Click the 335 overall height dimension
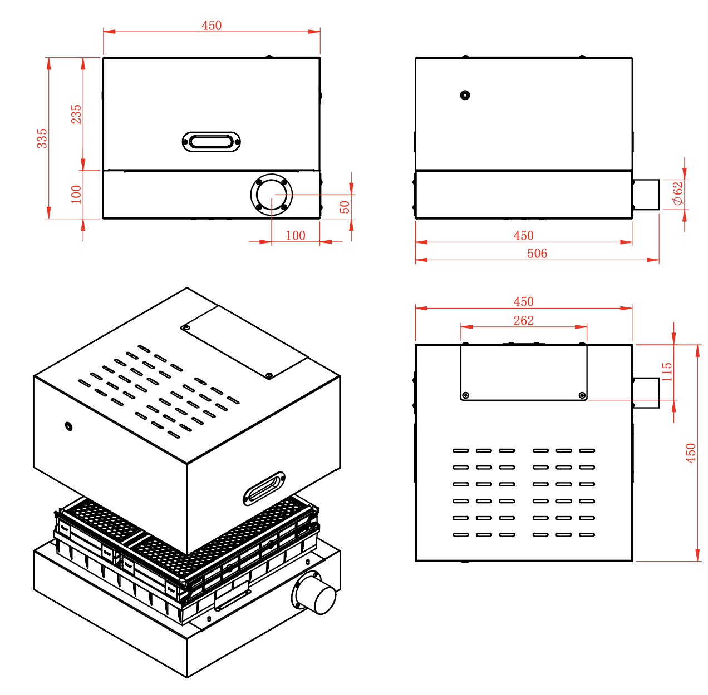pyautogui.click(x=42, y=138)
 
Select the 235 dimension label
pyautogui.click(x=76, y=114)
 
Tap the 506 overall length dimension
pyautogui.click(x=537, y=254)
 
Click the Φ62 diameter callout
pyautogui.click(x=677, y=193)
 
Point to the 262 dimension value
pyautogui.click(x=523, y=321)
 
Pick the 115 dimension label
pyautogui.click(x=667, y=371)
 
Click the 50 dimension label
pyautogui.click(x=345, y=206)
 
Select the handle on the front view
pyautogui.click(x=212, y=142)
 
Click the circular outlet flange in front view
pyautogui.click(x=271, y=195)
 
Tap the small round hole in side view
pyautogui.click(x=465, y=95)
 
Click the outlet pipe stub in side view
pyautogui.click(x=646, y=195)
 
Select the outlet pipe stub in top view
pyautogui.click(x=646, y=393)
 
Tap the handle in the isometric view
pyautogui.click(x=264, y=488)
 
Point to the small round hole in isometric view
pyautogui.click(x=68, y=426)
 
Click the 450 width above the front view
pyautogui.click(x=212, y=26)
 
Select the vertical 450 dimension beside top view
pyautogui.click(x=691, y=453)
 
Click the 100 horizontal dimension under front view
pyautogui.click(x=296, y=236)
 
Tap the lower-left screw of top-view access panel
pyautogui.click(x=466, y=395)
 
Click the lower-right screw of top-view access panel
pyautogui.click(x=582, y=395)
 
